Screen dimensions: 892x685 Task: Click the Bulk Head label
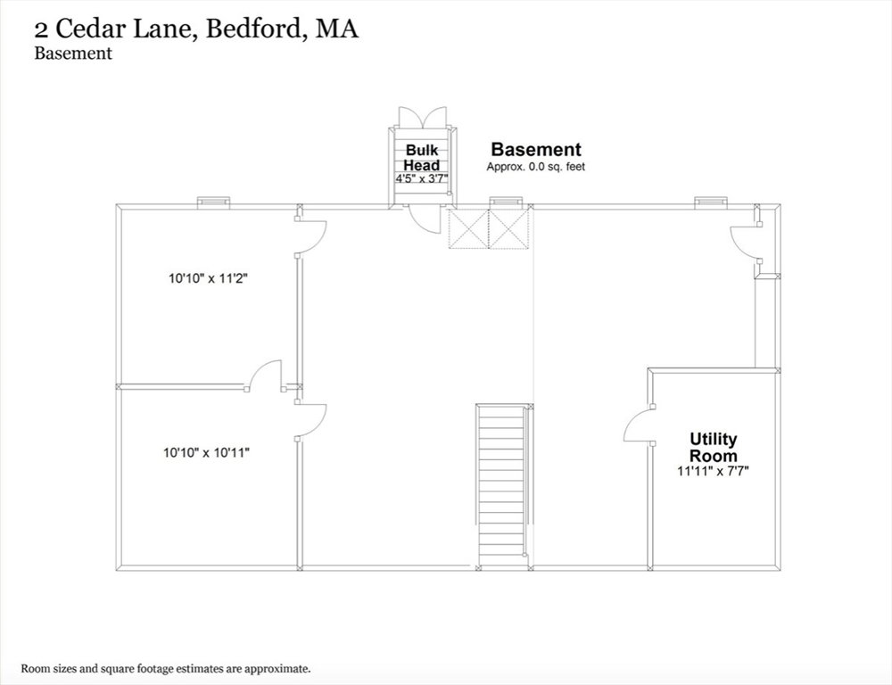coord(422,158)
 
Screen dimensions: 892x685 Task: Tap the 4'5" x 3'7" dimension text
coord(422,178)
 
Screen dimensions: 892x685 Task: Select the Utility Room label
coord(714,447)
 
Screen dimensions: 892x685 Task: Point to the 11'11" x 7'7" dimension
coord(714,471)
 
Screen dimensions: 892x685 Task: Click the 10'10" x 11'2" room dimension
coord(210,279)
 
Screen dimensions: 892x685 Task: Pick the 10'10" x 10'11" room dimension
coord(207,453)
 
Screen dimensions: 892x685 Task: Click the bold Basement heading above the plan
coord(536,149)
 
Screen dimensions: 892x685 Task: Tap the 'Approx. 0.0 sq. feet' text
coord(536,167)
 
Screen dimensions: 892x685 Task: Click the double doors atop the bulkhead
coord(423,118)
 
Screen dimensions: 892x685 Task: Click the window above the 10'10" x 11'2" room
coord(213,202)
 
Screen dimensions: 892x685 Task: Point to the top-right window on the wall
coord(711,202)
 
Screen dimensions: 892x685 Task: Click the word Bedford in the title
coord(253,29)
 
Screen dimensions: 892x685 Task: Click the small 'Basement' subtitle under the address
coord(73,53)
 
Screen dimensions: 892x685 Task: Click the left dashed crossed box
coord(468,228)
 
